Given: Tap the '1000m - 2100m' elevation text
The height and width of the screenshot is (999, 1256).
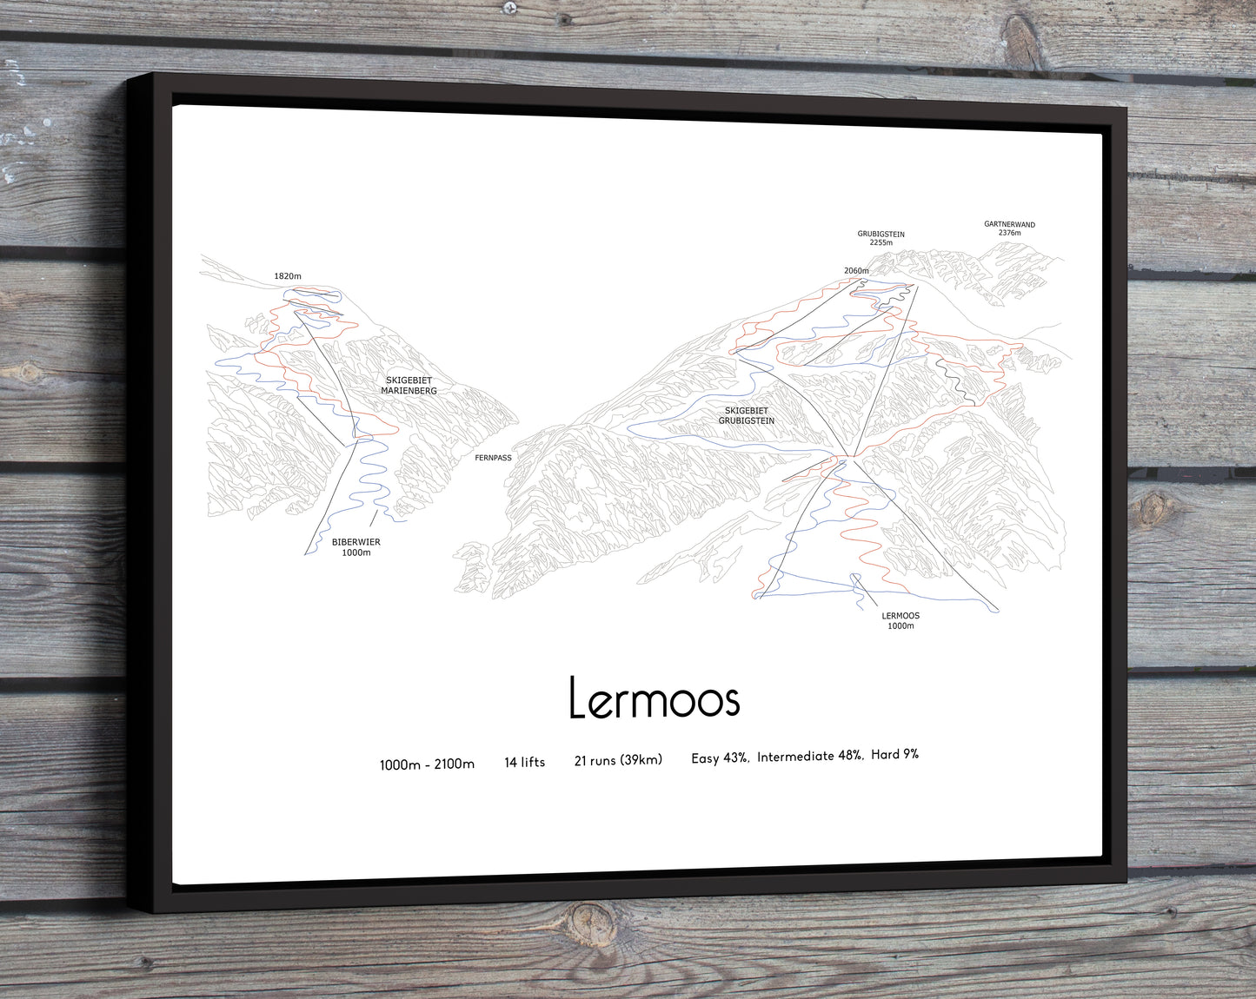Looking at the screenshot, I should [427, 764].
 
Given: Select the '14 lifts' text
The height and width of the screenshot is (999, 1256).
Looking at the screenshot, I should [524, 762].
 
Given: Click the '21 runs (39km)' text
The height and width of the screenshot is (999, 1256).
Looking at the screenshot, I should [618, 760].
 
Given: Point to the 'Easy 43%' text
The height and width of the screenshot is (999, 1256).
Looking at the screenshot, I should [719, 758].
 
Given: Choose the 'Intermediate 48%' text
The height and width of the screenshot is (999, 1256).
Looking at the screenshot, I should [809, 756].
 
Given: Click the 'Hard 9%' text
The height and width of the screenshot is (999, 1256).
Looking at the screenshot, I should [894, 754].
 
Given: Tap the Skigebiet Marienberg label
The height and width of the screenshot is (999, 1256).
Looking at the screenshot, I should [409, 386].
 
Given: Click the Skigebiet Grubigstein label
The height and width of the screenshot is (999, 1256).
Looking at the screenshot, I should [746, 416].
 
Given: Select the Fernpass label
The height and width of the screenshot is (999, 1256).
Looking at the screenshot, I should [493, 458].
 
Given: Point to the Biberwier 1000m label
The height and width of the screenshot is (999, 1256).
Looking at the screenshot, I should [356, 547].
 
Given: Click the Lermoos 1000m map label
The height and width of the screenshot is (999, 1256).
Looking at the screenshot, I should [900, 620].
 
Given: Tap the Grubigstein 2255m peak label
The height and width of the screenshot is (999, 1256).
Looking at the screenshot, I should [881, 238].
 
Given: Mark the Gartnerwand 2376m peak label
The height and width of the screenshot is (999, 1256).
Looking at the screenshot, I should [1009, 228].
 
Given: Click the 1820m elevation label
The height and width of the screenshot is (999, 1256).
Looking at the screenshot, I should [288, 276].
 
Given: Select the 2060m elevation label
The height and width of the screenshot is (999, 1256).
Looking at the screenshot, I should [856, 271].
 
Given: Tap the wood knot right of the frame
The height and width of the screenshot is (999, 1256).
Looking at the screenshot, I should [1157, 507].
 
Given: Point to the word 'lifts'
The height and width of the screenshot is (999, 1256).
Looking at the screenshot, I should [533, 762].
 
